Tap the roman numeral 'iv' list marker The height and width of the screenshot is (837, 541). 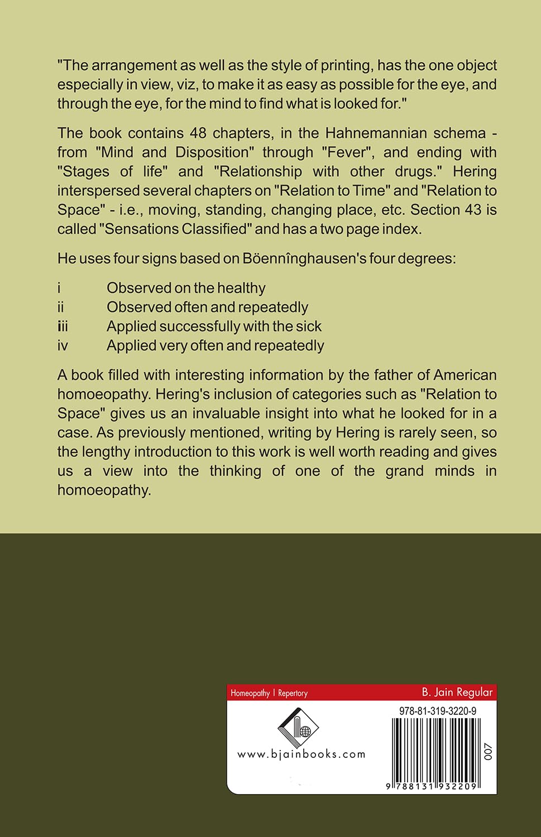pyautogui.click(x=63, y=346)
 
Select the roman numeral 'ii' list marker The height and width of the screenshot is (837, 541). pyautogui.click(x=60, y=307)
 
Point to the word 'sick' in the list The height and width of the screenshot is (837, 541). pyautogui.click(x=309, y=326)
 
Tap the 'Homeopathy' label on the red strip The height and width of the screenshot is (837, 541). pyautogui.click(x=250, y=693)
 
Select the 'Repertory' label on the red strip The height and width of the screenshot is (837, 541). pyautogui.click(x=293, y=693)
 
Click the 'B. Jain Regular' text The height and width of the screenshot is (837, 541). pyautogui.click(x=457, y=692)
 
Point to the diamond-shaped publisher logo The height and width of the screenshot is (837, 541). pyautogui.click(x=298, y=727)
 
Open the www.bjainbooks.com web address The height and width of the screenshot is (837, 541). pyautogui.click(x=301, y=754)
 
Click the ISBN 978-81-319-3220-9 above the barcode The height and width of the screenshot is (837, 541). pyautogui.click(x=438, y=711)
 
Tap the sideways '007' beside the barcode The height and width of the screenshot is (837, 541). pyautogui.click(x=488, y=752)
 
